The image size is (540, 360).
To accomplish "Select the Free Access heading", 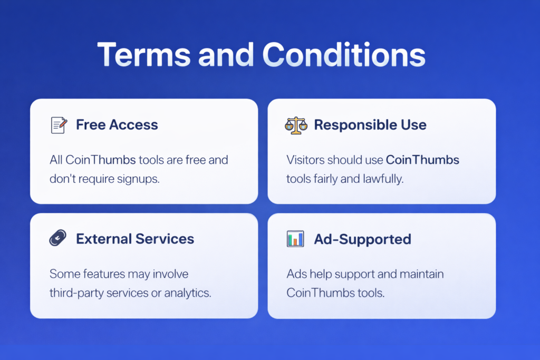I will click(x=117, y=125).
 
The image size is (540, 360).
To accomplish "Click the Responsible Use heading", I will click(x=370, y=125).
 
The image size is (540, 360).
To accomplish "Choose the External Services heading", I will click(x=135, y=239).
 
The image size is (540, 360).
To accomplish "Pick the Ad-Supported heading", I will click(x=362, y=239).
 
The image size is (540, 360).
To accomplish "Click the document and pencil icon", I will click(x=59, y=125).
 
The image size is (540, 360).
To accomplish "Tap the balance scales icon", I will click(x=295, y=125).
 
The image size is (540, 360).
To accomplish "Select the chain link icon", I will click(x=58, y=239).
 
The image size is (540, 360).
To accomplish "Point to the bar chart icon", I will click(x=295, y=239).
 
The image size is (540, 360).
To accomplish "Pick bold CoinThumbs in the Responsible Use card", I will click(x=422, y=160).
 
